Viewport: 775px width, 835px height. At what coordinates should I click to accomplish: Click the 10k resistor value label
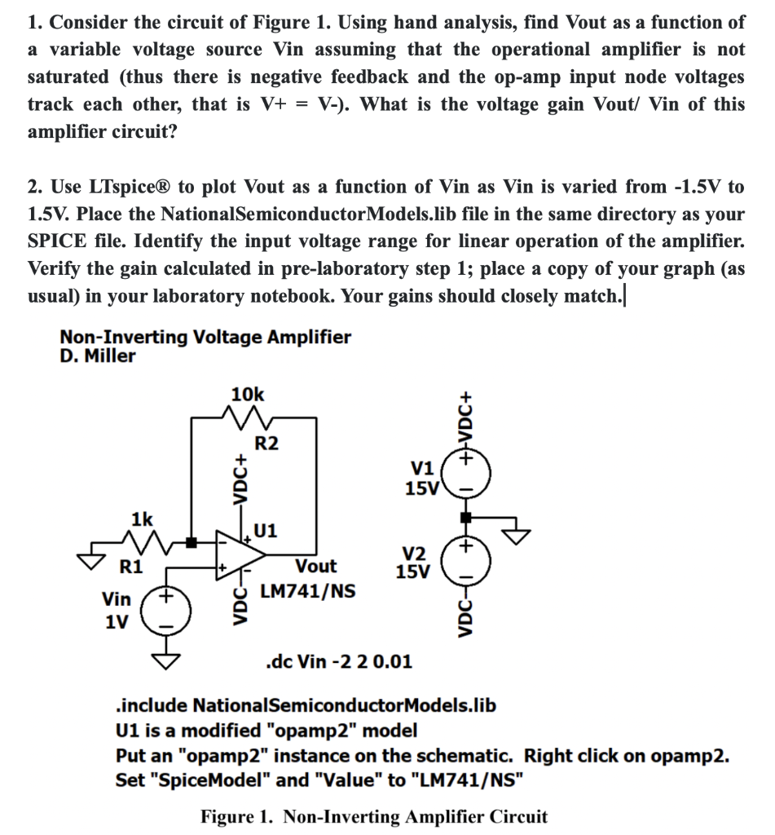(x=248, y=394)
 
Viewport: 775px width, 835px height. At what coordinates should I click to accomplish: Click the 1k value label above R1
(x=141, y=519)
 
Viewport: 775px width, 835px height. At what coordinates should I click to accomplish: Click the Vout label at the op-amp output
(x=315, y=566)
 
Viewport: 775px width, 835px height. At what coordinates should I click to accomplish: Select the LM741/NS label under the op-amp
(x=307, y=590)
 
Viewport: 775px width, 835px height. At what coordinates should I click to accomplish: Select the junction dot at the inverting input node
(x=192, y=541)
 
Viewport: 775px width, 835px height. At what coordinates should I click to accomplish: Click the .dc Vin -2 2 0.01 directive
(x=339, y=660)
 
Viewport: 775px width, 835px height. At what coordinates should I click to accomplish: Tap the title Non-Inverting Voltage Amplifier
(x=205, y=337)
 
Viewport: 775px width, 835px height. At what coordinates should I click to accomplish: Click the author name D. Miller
(x=98, y=356)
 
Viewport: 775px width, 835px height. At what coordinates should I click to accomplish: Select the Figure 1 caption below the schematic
(x=374, y=816)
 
